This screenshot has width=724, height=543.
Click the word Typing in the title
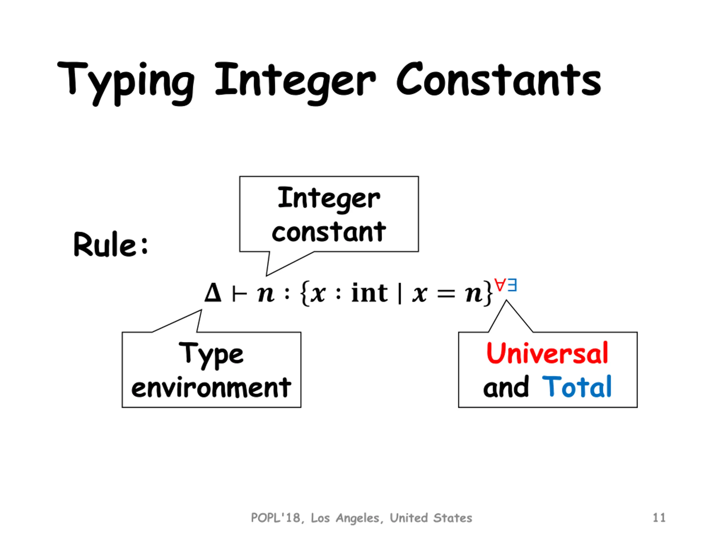pos(126,82)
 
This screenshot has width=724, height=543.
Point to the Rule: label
pos(111,245)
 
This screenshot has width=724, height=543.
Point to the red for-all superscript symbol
pos(500,285)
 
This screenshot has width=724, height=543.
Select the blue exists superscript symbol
pos(512,285)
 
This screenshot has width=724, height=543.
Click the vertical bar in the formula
pos(400,294)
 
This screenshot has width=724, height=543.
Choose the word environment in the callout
pos(211,387)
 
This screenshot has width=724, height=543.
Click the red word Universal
pos(547,354)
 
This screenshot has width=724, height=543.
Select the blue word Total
pos(577,387)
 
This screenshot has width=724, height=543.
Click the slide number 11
pos(659,518)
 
